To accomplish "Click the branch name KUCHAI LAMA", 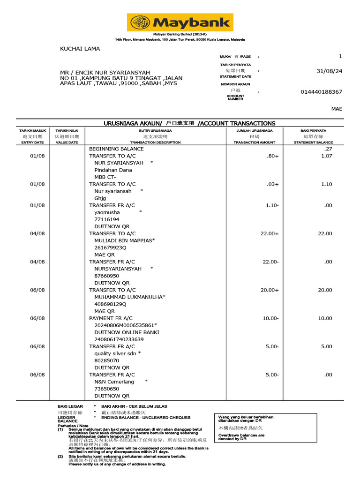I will pos(80,49).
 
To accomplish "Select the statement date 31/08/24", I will pos(330,71).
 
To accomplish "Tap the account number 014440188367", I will pos(321,92).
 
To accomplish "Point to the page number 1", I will pos(340,56).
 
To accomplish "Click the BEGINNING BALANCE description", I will pos(116,149).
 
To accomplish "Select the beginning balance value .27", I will pos(328,149).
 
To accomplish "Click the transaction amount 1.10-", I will pos(271,205).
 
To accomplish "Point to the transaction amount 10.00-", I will pos(270,318).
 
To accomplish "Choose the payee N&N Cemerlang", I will pos(114,382).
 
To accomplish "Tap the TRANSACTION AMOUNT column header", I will pos(255,142).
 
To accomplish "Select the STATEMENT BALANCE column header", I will pos(313,142).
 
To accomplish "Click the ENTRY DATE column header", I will pos(32,142).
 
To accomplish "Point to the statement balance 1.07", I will pos(326,156).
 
